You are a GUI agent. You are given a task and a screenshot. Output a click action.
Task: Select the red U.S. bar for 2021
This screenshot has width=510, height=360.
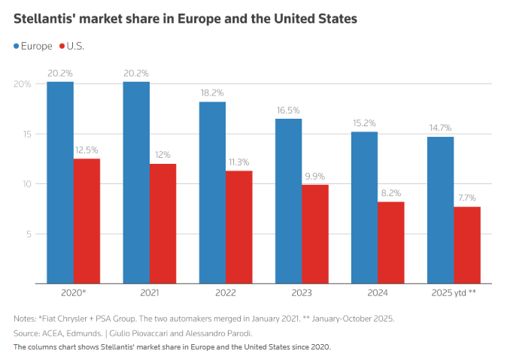click(162, 223)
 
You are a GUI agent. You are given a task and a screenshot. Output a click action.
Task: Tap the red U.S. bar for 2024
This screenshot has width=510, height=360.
click(391, 242)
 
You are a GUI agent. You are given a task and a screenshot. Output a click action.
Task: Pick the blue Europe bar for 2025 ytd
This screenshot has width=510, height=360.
click(440, 210)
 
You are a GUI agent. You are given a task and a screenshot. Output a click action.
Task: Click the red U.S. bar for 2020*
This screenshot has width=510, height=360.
click(87, 221)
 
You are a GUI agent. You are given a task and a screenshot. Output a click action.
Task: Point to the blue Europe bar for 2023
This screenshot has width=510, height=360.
click(288, 201)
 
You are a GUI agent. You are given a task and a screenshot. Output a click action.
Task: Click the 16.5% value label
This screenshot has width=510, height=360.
click(288, 110)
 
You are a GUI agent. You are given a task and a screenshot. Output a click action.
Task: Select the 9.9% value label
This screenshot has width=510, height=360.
click(314, 177)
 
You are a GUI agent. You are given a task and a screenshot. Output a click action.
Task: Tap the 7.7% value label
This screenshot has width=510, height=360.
click(467, 198)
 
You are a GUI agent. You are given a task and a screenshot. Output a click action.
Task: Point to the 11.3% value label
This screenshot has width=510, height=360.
click(238, 162)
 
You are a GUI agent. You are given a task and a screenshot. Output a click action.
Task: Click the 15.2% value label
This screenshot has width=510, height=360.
click(364, 123)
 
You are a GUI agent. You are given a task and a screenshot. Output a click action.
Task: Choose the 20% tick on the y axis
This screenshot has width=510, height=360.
click(23, 84)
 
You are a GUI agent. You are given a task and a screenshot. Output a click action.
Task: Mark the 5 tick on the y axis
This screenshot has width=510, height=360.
click(27, 234)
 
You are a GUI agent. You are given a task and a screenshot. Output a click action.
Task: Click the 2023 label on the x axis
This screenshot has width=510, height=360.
click(301, 293)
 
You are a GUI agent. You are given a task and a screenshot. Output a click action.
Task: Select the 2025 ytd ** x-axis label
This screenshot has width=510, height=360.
click(453, 293)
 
